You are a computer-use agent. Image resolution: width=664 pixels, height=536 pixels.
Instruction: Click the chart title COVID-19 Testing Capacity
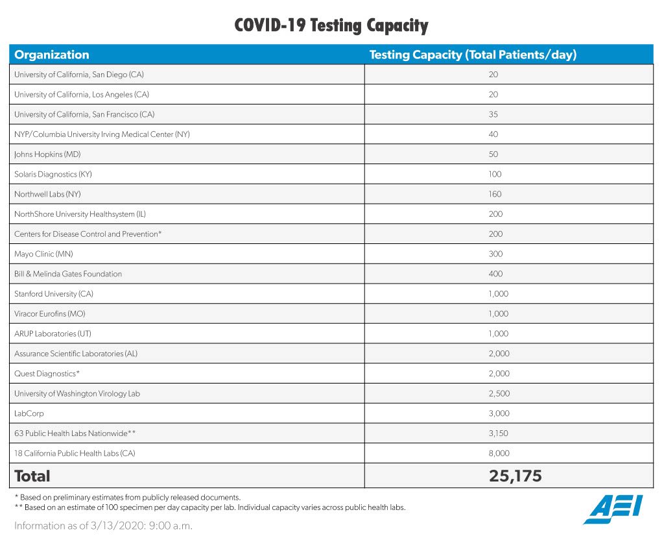[331, 25]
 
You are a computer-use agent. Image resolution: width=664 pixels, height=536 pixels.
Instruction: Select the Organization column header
[52, 55]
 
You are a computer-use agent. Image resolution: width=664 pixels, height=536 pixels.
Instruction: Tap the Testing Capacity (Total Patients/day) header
[473, 55]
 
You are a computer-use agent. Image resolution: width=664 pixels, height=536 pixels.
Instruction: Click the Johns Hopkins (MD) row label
[47, 154]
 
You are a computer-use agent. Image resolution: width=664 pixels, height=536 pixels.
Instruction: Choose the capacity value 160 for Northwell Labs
[495, 194]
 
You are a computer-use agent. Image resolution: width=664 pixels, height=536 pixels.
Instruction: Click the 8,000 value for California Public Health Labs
[498, 453]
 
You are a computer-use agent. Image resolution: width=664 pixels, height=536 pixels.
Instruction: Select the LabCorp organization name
[29, 413]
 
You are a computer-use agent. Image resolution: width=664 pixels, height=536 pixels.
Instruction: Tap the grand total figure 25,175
[515, 476]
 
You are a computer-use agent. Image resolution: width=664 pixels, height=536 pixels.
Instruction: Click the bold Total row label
[32, 476]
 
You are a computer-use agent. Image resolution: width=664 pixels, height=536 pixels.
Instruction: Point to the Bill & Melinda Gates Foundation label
[68, 274]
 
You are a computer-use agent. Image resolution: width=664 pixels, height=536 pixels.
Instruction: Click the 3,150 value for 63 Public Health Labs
[498, 433]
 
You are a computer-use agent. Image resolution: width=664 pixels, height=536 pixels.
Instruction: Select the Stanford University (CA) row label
[54, 294]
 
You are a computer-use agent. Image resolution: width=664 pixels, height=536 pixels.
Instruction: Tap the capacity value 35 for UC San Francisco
[493, 114]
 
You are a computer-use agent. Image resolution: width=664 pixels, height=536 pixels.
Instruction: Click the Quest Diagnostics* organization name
[47, 374]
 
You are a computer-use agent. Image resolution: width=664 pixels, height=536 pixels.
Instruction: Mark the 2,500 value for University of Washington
[498, 393]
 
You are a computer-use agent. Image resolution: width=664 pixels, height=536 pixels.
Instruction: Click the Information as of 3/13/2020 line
[103, 525]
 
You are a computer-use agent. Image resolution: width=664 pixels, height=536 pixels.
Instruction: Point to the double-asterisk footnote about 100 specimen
[209, 507]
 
